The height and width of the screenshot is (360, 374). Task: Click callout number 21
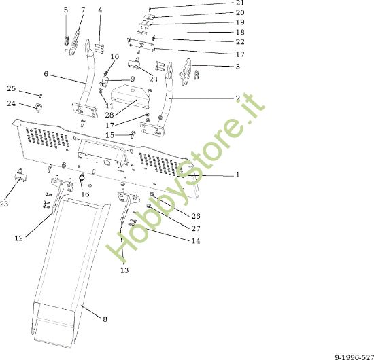point(240,3)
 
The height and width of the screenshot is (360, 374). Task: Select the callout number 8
point(105,319)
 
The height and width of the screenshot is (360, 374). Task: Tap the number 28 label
point(109,115)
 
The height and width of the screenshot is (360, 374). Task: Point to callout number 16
point(85,194)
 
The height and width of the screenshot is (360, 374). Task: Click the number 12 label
point(19,238)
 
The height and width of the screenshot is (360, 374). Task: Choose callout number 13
point(124,270)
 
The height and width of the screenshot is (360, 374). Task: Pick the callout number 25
point(11,88)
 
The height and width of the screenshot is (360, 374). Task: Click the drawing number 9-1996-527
point(354,357)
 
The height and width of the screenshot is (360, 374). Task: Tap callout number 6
point(46,74)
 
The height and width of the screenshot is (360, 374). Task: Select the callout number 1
point(237,175)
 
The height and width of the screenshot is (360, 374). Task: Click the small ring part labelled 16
point(82,177)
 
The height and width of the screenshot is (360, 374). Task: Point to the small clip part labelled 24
point(39,107)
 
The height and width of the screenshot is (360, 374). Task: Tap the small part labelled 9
point(104,82)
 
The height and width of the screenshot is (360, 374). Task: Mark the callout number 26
point(196,216)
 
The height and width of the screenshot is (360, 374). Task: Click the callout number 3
point(237,67)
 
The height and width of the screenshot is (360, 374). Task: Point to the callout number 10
point(115,56)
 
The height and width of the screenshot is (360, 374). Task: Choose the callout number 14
point(196,241)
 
